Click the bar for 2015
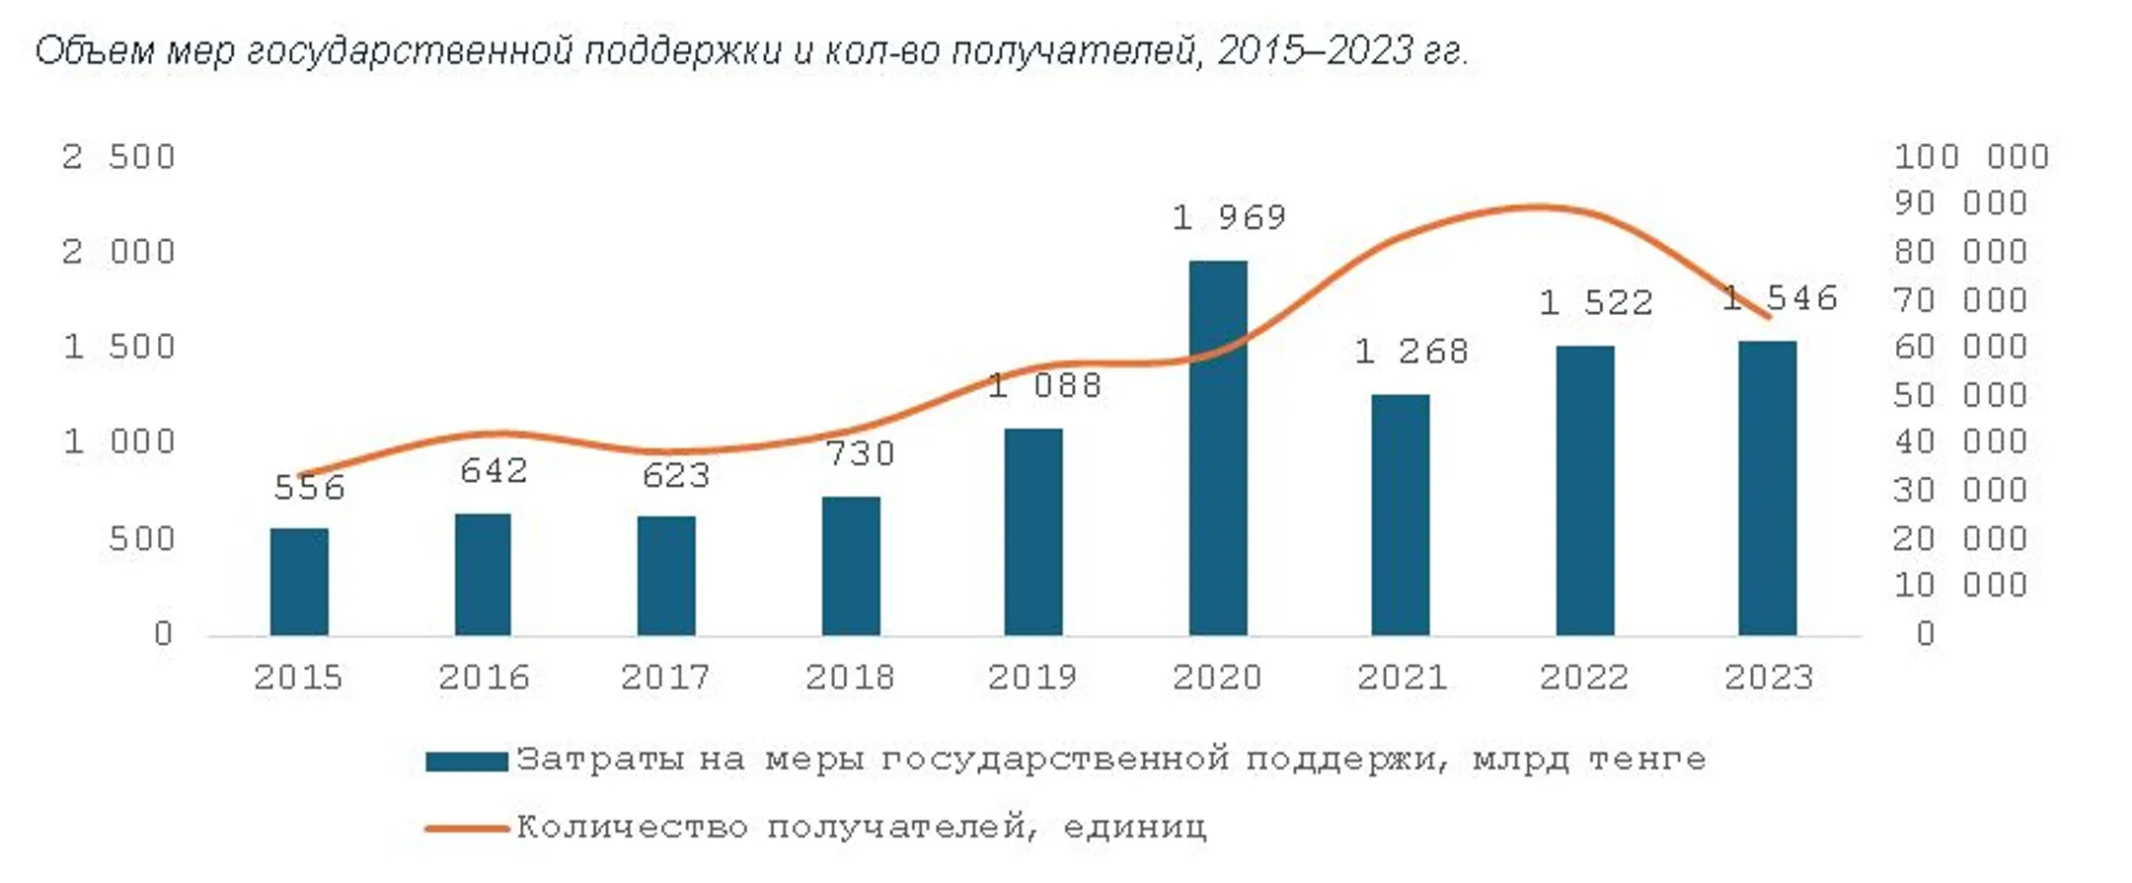pyautogui.click(x=299, y=582)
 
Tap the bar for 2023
pyautogui.click(x=1767, y=488)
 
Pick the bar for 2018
pyautogui.click(x=851, y=566)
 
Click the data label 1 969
pyautogui.click(x=1229, y=217)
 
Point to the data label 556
pyautogui.click(x=309, y=488)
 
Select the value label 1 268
pyautogui.click(x=1411, y=352)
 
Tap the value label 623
pyautogui.click(x=676, y=476)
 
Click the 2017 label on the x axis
pyautogui.click(x=665, y=678)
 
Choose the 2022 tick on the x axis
pyautogui.click(x=1584, y=678)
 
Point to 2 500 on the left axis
pyautogui.click(x=118, y=157)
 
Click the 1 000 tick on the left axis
pyautogui.click(x=118, y=441)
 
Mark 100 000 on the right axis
pyautogui.click(x=1971, y=157)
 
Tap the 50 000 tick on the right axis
pyautogui.click(x=1959, y=395)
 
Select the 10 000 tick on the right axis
pyautogui.click(x=1959, y=586)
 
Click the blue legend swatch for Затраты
pyautogui.click(x=466, y=762)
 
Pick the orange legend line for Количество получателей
pyautogui.click(x=466, y=828)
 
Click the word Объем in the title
pyautogui.click(x=95, y=50)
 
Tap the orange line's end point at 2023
pyautogui.click(x=1768, y=317)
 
